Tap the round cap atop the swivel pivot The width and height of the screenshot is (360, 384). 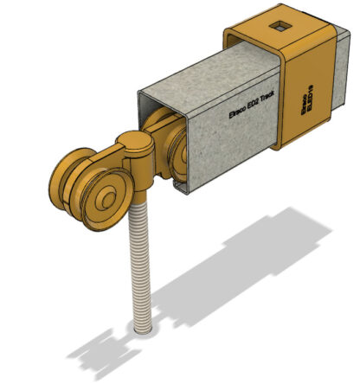pos(133,140)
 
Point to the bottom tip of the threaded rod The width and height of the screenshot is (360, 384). pos(145,328)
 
